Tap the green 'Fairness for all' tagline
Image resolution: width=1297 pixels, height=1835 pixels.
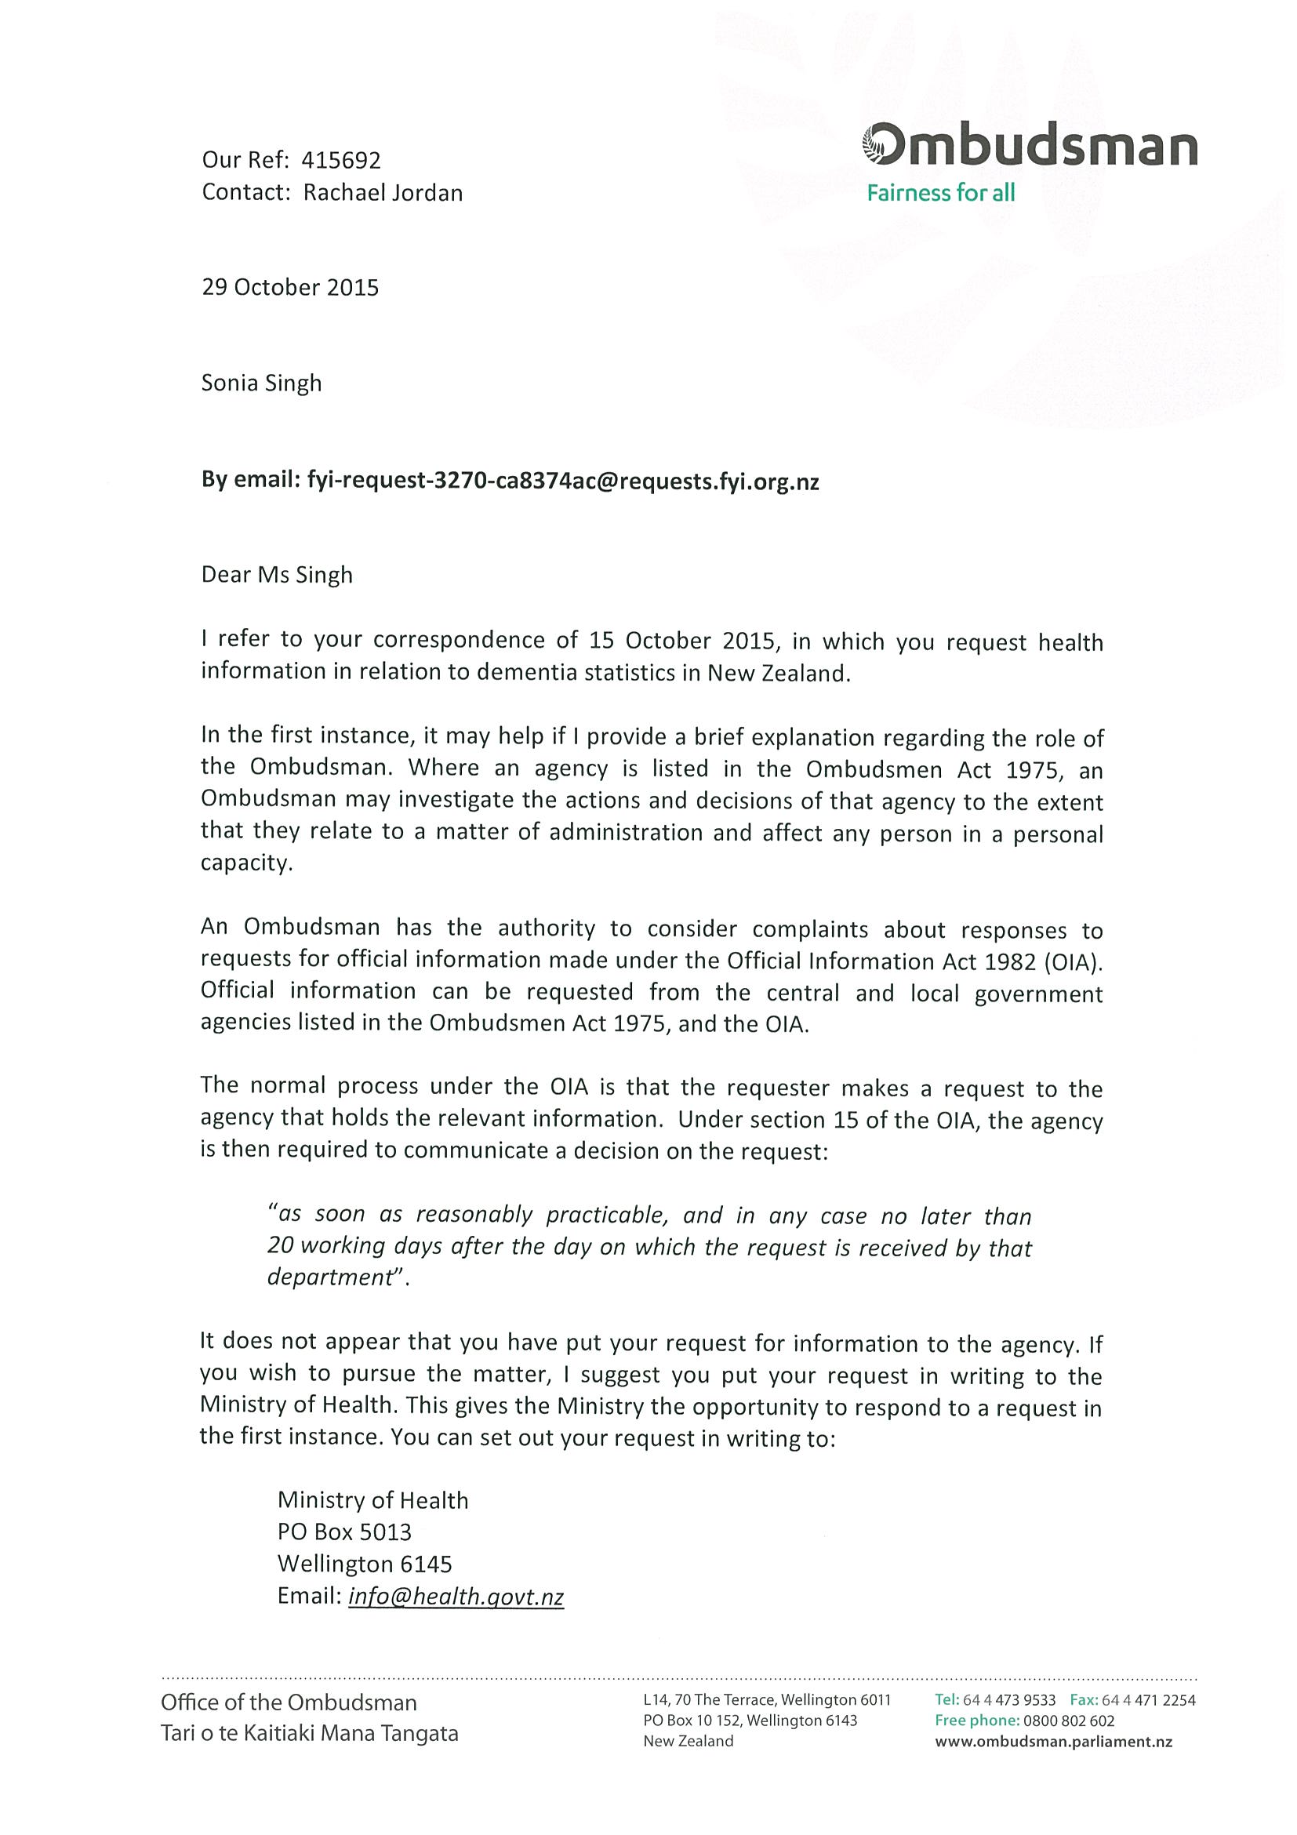940,194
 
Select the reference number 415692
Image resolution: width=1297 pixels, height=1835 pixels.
340,161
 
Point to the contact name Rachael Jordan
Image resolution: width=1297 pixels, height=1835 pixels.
383,193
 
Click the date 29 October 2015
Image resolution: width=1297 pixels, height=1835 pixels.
290,288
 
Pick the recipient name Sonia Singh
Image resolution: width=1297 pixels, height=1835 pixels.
261,383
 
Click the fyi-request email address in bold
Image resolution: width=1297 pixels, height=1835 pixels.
562,482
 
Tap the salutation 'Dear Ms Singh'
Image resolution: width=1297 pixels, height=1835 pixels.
277,576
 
